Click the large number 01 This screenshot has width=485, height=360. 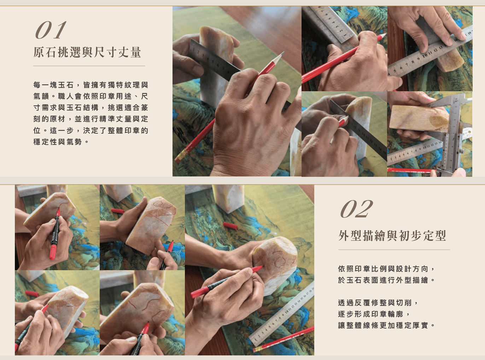(51, 30)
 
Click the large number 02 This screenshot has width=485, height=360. (357, 209)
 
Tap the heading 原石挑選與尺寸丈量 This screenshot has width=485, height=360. (87, 52)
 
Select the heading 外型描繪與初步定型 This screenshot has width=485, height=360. (392, 236)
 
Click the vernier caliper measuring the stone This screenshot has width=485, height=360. (450, 133)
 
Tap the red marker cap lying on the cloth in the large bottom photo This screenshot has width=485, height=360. (230, 226)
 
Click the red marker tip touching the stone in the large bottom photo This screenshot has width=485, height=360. (261, 268)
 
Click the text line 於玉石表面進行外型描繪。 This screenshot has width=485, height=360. (386, 280)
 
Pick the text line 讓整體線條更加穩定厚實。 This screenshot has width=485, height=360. (386, 326)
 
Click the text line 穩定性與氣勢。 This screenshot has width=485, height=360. (61, 142)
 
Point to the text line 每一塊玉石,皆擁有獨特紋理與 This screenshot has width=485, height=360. (91, 85)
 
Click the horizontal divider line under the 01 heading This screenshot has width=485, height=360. (89, 66)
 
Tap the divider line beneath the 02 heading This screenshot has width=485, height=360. (394, 250)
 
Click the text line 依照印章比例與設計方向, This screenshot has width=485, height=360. (386, 269)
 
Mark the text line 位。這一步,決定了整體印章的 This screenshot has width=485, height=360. (91, 130)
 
